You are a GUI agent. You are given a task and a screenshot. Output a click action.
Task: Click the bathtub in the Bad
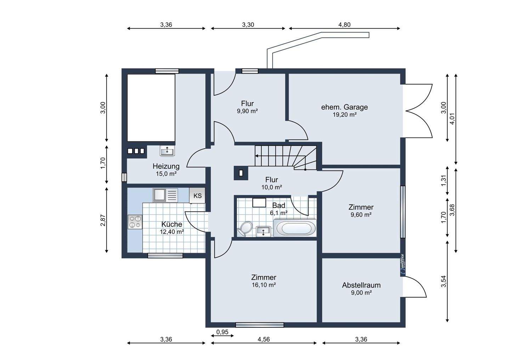point(295,228)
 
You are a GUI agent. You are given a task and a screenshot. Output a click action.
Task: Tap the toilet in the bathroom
point(245,229)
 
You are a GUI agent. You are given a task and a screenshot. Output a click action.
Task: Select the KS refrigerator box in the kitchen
point(197,195)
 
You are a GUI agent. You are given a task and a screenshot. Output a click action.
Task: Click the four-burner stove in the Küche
point(135,222)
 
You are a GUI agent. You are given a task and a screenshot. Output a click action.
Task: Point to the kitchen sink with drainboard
point(165,195)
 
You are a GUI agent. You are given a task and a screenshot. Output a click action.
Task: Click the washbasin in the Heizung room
point(167,151)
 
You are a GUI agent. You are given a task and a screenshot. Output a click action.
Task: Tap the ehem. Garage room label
point(345,107)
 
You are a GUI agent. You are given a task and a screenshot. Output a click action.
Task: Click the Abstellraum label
point(361,285)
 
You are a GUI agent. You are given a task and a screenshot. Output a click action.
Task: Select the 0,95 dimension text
point(222,332)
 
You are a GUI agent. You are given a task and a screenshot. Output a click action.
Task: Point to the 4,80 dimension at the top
point(344,24)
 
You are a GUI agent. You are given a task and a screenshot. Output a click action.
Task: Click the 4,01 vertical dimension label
point(452,118)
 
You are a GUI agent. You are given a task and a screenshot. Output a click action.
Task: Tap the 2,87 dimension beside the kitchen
point(103,220)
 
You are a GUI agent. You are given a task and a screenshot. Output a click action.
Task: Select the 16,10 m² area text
point(264,285)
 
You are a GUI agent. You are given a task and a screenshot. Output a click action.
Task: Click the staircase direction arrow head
point(256,156)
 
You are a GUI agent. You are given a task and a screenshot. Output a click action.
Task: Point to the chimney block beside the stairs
point(241,173)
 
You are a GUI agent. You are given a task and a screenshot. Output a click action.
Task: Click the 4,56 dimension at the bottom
point(263,339)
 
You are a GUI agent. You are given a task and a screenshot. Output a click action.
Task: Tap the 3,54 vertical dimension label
point(443,281)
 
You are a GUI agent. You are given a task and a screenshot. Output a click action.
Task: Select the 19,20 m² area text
point(345,115)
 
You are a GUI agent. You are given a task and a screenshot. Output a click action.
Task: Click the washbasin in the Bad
point(263,232)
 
